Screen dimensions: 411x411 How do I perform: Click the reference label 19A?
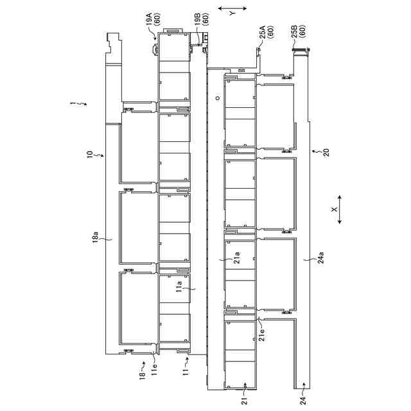tap(148, 22)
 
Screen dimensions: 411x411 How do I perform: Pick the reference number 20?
tap(324, 152)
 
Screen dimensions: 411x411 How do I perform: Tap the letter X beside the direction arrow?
tap(333, 209)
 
